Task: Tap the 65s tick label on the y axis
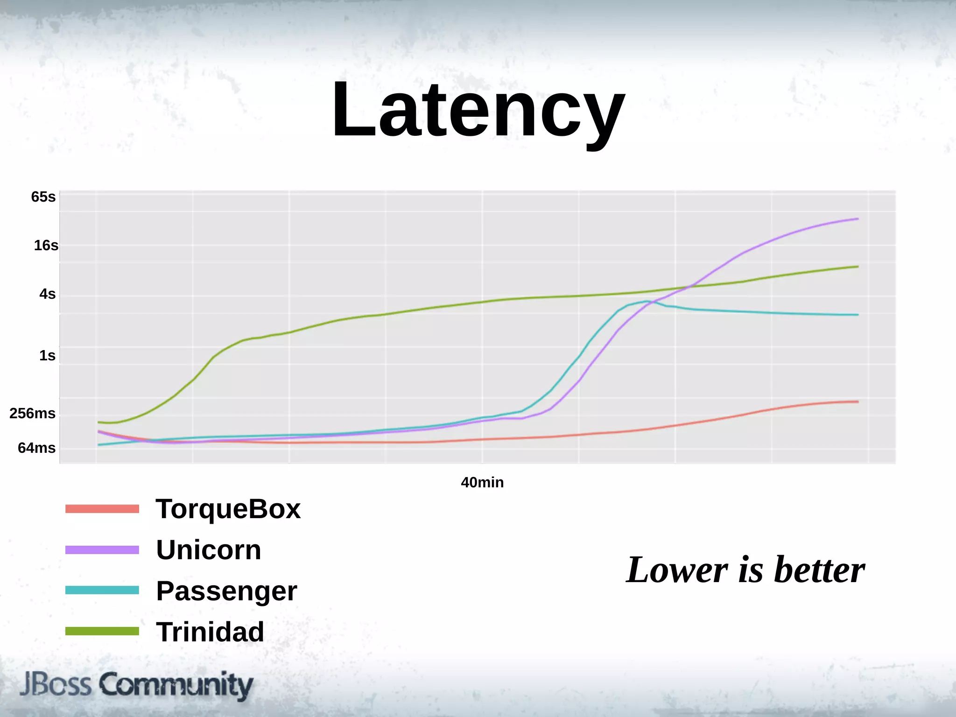(43, 197)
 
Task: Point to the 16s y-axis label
(46, 246)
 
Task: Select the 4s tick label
(47, 294)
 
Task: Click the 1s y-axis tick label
(47, 356)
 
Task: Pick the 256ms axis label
(32, 414)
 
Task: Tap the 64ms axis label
(36, 448)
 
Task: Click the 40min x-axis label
(482, 482)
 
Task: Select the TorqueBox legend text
(228, 509)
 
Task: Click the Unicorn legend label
(208, 550)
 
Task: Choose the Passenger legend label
(226, 591)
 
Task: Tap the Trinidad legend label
(210, 632)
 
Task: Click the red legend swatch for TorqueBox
(102, 509)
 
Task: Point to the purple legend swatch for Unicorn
(102, 550)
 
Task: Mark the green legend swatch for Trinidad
(102, 632)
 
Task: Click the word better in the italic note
(819, 570)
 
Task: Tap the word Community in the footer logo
(176, 685)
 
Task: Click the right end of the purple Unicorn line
(857, 219)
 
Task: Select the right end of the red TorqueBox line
(857, 402)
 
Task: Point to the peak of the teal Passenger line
(647, 302)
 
